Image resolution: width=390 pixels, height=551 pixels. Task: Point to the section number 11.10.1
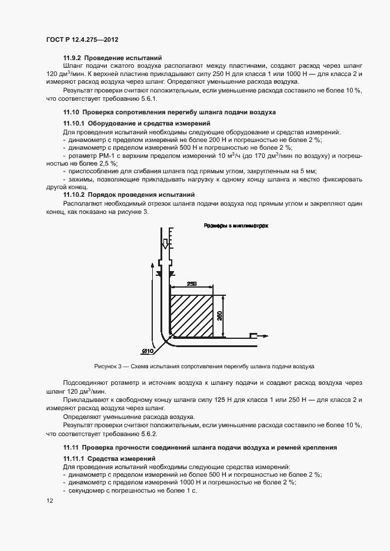point(76,124)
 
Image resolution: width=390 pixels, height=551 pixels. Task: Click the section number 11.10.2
point(76,194)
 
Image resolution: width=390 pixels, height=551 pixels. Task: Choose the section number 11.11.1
point(76,458)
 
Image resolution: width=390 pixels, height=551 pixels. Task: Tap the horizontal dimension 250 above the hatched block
point(191,283)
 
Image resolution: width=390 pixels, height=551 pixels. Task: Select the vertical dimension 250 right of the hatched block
point(219,316)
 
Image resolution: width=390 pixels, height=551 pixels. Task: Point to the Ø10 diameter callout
point(147,352)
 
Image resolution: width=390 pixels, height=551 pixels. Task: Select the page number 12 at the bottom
point(50,501)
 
